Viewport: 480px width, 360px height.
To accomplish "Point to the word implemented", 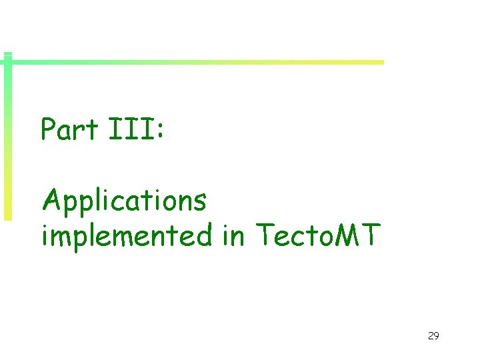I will click(126, 235).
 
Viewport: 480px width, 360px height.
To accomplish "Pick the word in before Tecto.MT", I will click(233, 235).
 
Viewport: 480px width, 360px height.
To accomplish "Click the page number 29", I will click(433, 336).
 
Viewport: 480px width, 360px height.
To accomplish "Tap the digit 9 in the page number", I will click(437, 336).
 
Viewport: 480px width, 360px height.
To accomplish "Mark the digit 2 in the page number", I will click(431, 336).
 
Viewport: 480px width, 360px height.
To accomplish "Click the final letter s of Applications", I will click(200, 201).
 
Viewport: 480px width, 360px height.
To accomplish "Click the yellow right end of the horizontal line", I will click(377, 62).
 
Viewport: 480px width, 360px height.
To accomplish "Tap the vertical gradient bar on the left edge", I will click(7, 147).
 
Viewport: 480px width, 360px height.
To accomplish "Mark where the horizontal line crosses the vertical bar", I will click(7, 62).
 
